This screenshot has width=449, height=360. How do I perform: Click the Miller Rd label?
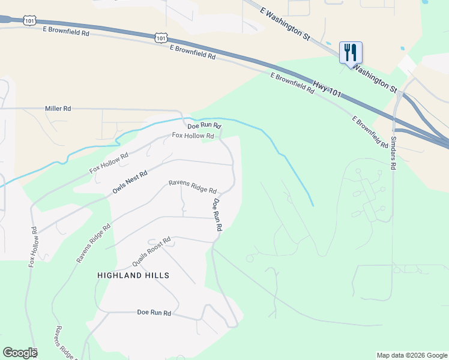pyautogui.click(x=58, y=109)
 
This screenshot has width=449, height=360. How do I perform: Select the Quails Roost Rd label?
pyautogui.click(x=151, y=253)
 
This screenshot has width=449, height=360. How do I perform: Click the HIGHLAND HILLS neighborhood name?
pyautogui.click(x=133, y=275)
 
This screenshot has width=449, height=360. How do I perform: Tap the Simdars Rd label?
pyautogui.click(x=394, y=152)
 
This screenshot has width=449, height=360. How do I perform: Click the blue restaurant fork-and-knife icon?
pyautogui.click(x=351, y=52)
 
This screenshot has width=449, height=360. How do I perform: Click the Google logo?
pyautogui.click(x=20, y=353)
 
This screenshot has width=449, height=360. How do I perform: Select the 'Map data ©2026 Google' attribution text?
pyautogui.click(x=411, y=355)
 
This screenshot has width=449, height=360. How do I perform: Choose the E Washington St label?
pyautogui.click(x=285, y=24)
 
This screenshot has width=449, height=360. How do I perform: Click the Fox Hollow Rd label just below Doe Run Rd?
pyautogui.click(x=193, y=136)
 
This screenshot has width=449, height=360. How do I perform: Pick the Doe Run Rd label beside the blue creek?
pyautogui.click(x=205, y=127)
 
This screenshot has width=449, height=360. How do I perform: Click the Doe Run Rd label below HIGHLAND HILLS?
pyautogui.click(x=154, y=313)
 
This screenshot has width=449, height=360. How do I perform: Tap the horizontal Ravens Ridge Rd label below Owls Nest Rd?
pyautogui.click(x=192, y=187)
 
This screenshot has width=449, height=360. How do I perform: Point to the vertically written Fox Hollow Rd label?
pyautogui.click(x=33, y=247)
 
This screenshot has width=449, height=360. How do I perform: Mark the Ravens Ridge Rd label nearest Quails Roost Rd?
pyautogui.click(x=93, y=244)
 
